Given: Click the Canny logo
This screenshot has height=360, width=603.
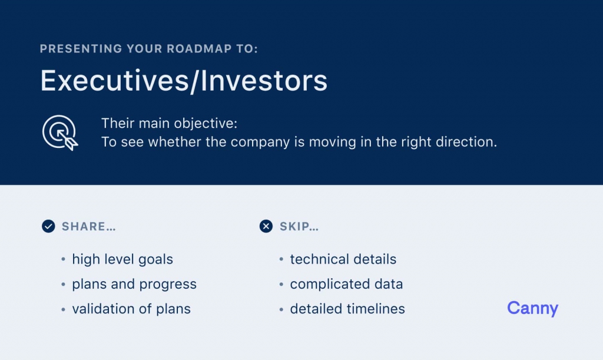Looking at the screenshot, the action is pos(532,309).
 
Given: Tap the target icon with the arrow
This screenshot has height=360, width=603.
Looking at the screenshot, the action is pos(59,133).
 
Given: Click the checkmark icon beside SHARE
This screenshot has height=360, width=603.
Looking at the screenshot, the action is pos(48,226).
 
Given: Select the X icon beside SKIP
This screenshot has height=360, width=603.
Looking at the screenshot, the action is pos(266,226).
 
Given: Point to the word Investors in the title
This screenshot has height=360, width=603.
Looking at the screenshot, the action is pos(264,81).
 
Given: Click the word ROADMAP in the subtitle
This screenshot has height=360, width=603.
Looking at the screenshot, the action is pos(199,49).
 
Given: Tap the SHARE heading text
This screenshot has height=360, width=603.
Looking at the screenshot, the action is pos(89,226).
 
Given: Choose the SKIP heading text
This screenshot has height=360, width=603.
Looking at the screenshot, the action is pos(299,226).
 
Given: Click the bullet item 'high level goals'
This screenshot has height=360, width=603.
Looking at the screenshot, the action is pos(122,259).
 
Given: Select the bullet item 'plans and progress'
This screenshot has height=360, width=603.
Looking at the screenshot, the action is pos(134,284).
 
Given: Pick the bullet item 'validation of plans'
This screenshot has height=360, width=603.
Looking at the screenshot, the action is pos(131,309).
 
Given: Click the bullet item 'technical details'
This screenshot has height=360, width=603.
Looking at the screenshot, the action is pos(343,259).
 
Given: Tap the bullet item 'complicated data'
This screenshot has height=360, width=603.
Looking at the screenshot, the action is pos(346,284).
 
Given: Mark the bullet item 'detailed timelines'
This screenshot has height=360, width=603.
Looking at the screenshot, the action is pos(347,309).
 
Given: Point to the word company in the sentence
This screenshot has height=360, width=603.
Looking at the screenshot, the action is pos(260,143).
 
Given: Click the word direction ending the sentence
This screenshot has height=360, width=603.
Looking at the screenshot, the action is pos(466,142).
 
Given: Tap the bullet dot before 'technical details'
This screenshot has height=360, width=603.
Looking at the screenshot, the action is pos(281,259).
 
